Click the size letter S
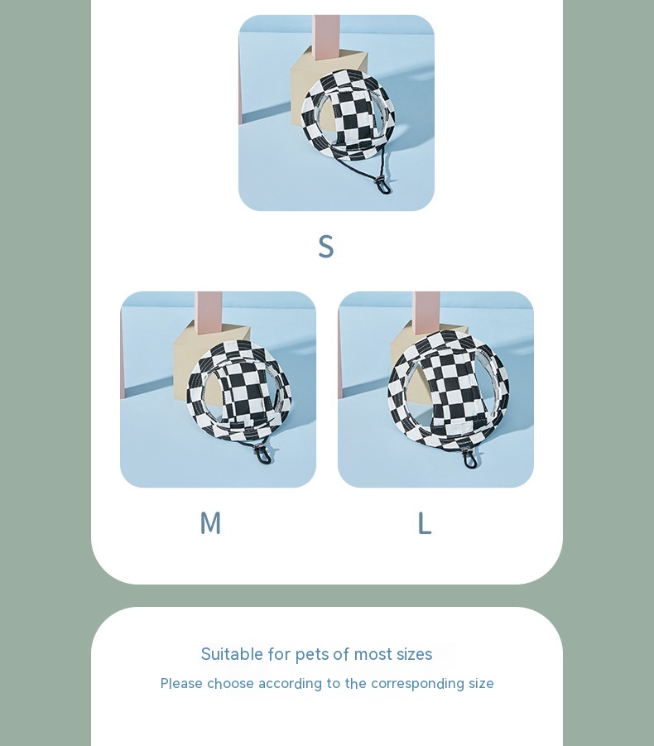[x=326, y=247]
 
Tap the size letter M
[x=210, y=523]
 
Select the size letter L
[x=424, y=523]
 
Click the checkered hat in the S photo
[x=348, y=115]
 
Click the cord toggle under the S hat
[x=383, y=185]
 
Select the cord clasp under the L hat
[x=470, y=459]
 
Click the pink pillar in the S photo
[x=326, y=37]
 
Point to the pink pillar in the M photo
[x=209, y=313]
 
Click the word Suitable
[x=232, y=654]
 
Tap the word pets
[x=312, y=655]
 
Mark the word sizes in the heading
[x=414, y=655]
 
